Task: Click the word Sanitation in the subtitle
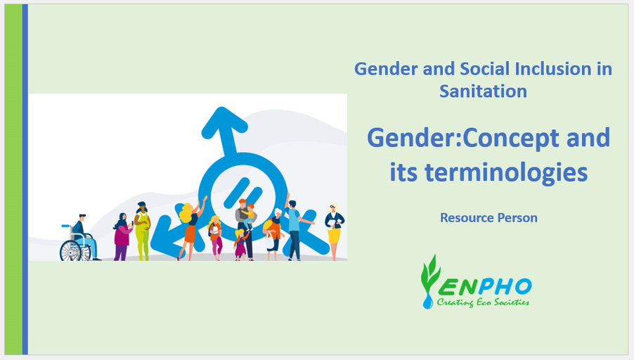coord(483,91)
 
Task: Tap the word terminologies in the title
coord(506,173)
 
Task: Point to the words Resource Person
coord(489,218)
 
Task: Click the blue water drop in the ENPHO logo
coord(427,301)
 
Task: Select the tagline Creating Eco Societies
coord(483,302)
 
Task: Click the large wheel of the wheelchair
coord(70,251)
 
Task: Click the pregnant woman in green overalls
coord(142,231)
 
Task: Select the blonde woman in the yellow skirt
coord(334,231)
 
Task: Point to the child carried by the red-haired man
coord(249,216)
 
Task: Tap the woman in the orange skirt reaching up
coord(191,229)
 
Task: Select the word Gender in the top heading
coord(387,69)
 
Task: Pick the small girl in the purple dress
coord(240,244)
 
